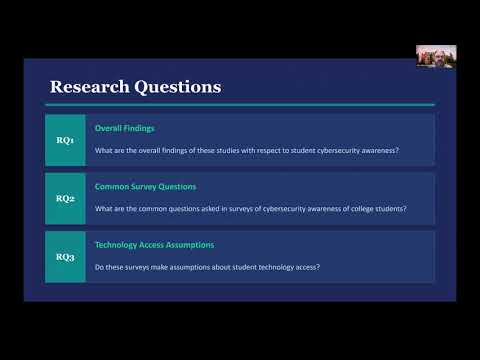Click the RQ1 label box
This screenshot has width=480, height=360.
65,140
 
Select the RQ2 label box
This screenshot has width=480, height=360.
65,198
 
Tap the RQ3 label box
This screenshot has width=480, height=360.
65,257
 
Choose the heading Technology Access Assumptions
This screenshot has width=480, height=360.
154,245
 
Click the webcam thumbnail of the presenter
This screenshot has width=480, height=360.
433,56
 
